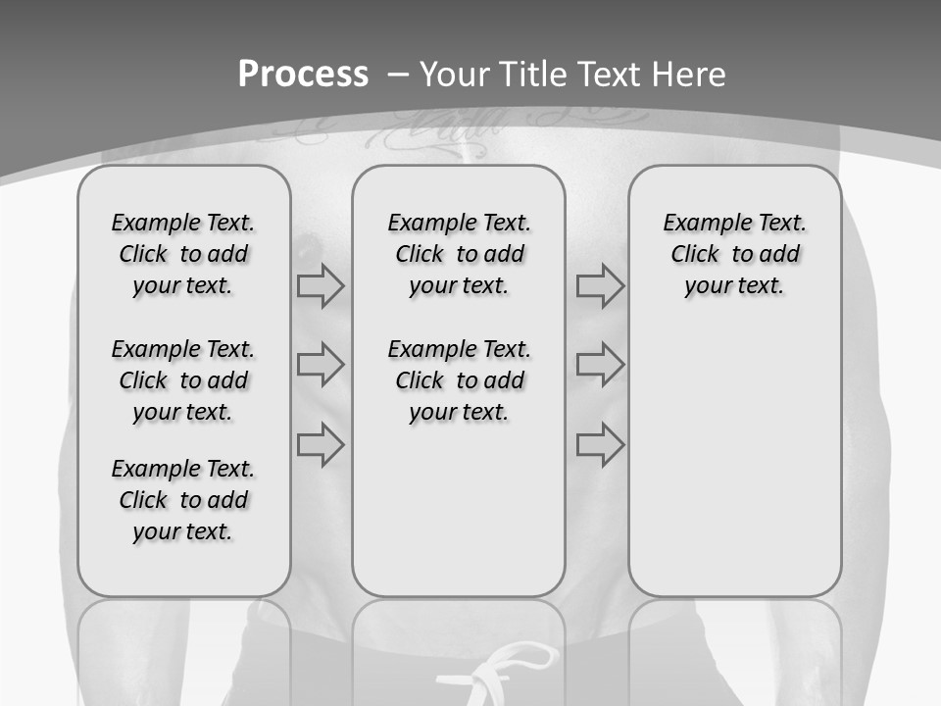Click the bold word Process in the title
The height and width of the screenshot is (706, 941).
(x=303, y=75)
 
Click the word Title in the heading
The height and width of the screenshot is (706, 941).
(x=534, y=75)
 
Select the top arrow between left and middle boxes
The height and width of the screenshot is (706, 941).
(x=321, y=286)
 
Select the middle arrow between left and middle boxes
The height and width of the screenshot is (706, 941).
(x=321, y=365)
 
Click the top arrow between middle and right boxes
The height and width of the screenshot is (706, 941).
(x=600, y=286)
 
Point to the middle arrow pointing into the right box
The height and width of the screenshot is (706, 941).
(x=600, y=365)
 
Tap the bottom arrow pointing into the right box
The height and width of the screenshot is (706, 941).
(x=600, y=445)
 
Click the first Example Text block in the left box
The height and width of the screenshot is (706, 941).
(x=183, y=254)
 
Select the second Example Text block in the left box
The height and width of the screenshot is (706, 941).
(x=183, y=380)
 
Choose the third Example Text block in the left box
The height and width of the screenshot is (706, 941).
(x=183, y=500)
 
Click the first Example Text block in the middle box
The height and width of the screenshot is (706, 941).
(x=459, y=254)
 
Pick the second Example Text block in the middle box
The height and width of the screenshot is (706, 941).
(x=459, y=380)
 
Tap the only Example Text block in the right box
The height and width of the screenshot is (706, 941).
(x=734, y=254)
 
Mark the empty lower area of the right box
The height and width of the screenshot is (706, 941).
(x=734, y=461)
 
